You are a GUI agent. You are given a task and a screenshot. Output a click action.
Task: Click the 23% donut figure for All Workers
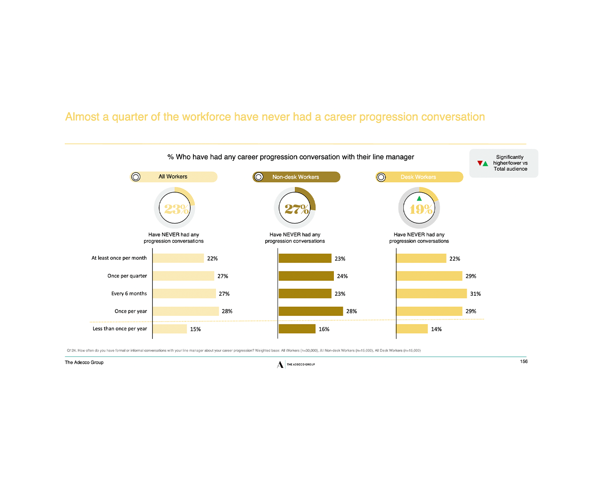point(175,209)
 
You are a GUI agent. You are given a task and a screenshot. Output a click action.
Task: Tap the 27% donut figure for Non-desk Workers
point(295,209)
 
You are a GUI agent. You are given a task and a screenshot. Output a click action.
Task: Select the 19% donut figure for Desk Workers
point(419,209)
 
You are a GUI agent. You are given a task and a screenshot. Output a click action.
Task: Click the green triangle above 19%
point(419,198)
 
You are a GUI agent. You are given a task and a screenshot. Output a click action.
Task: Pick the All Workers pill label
point(173,177)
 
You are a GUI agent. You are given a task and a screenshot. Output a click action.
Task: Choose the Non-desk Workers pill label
point(296,177)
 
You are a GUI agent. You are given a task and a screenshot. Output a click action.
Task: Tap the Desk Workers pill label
point(419,177)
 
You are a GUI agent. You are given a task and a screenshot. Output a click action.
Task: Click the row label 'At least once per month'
point(119,258)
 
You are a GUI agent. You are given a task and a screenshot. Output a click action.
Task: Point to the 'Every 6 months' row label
point(129,294)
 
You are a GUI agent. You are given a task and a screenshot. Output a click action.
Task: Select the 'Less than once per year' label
point(120,329)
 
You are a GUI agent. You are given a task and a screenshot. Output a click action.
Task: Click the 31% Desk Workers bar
point(431,294)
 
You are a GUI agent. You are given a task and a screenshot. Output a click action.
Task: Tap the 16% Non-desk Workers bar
point(297,329)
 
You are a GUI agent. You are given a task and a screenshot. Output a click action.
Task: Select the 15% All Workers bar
point(170,329)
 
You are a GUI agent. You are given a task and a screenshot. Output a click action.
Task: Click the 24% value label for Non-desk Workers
point(342,277)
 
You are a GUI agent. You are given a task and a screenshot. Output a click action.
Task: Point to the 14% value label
point(436,330)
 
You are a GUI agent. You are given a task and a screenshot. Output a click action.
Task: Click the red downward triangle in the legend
point(480,163)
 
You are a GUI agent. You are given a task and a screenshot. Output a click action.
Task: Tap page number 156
point(524,361)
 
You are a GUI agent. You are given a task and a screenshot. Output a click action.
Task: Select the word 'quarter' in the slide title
point(130,117)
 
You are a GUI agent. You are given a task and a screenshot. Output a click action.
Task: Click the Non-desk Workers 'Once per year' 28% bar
point(310,311)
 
